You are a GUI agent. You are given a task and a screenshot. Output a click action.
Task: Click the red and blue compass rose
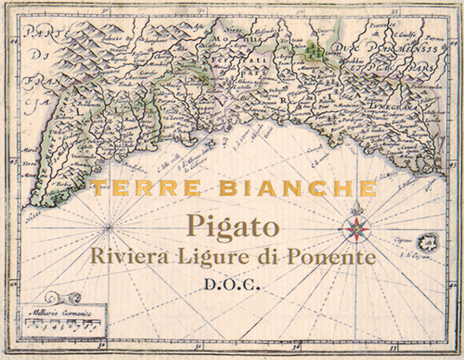pos(353,228)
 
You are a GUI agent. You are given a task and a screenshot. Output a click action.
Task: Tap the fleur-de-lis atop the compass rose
pos(353,211)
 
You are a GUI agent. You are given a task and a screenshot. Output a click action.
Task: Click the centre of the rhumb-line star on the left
pos(110,226)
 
